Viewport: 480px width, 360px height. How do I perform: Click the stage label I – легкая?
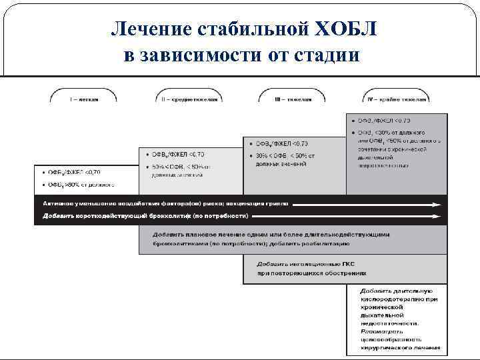pyautogui.click(x=84, y=99)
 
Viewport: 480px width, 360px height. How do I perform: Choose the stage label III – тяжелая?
pyautogui.click(x=293, y=99)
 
